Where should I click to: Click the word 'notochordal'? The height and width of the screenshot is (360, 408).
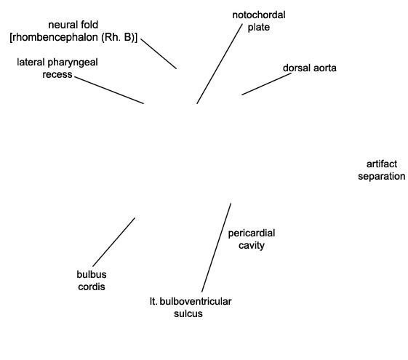(x=259, y=15)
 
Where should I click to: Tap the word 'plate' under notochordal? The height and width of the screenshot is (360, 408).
(x=258, y=28)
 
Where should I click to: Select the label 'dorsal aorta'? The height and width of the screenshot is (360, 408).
(x=310, y=68)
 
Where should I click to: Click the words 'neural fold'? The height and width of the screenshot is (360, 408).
(x=73, y=25)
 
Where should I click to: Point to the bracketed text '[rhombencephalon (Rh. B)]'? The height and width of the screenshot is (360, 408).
(x=73, y=38)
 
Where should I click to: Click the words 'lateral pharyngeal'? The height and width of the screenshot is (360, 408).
(x=57, y=63)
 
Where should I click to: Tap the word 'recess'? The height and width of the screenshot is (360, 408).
(x=57, y=74)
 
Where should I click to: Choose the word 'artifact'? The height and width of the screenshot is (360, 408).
(x=382, y=164)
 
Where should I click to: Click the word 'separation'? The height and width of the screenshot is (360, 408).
(x=382, y=176)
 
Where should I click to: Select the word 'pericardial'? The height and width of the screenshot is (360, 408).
(x=252, y=233)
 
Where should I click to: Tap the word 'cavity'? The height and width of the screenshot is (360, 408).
(x=252, y=245)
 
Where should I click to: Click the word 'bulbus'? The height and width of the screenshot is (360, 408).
(x=92, y=274)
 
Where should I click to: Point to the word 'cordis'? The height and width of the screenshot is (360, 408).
(x=92, y=287)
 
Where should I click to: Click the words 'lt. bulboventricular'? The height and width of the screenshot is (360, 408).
(x=191, y=302)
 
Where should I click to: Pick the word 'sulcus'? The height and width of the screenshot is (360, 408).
(x=188, y=313)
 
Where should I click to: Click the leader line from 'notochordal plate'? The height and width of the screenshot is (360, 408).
(x=220, y=64)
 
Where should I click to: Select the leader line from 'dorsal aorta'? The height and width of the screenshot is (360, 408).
(x=266, y=84)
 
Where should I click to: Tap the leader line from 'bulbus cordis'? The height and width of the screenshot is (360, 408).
(x=113, y=242)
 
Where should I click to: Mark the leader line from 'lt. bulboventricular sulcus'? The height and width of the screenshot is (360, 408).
(x=216, y=247)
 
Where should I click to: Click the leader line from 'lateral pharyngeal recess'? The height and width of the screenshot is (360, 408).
(x=109, y=90)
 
